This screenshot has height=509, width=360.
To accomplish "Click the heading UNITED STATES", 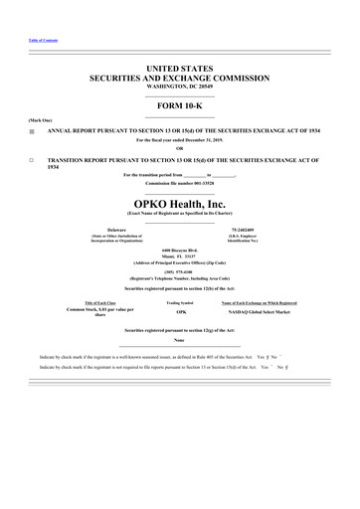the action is [x=180, y=66].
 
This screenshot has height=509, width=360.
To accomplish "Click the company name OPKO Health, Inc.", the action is [x=180, y=203].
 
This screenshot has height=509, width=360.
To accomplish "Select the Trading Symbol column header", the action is [x=180, y=301].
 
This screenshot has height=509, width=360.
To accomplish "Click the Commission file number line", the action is [x=180, y=184].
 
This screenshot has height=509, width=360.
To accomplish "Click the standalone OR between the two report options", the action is [x=180, y=149].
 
